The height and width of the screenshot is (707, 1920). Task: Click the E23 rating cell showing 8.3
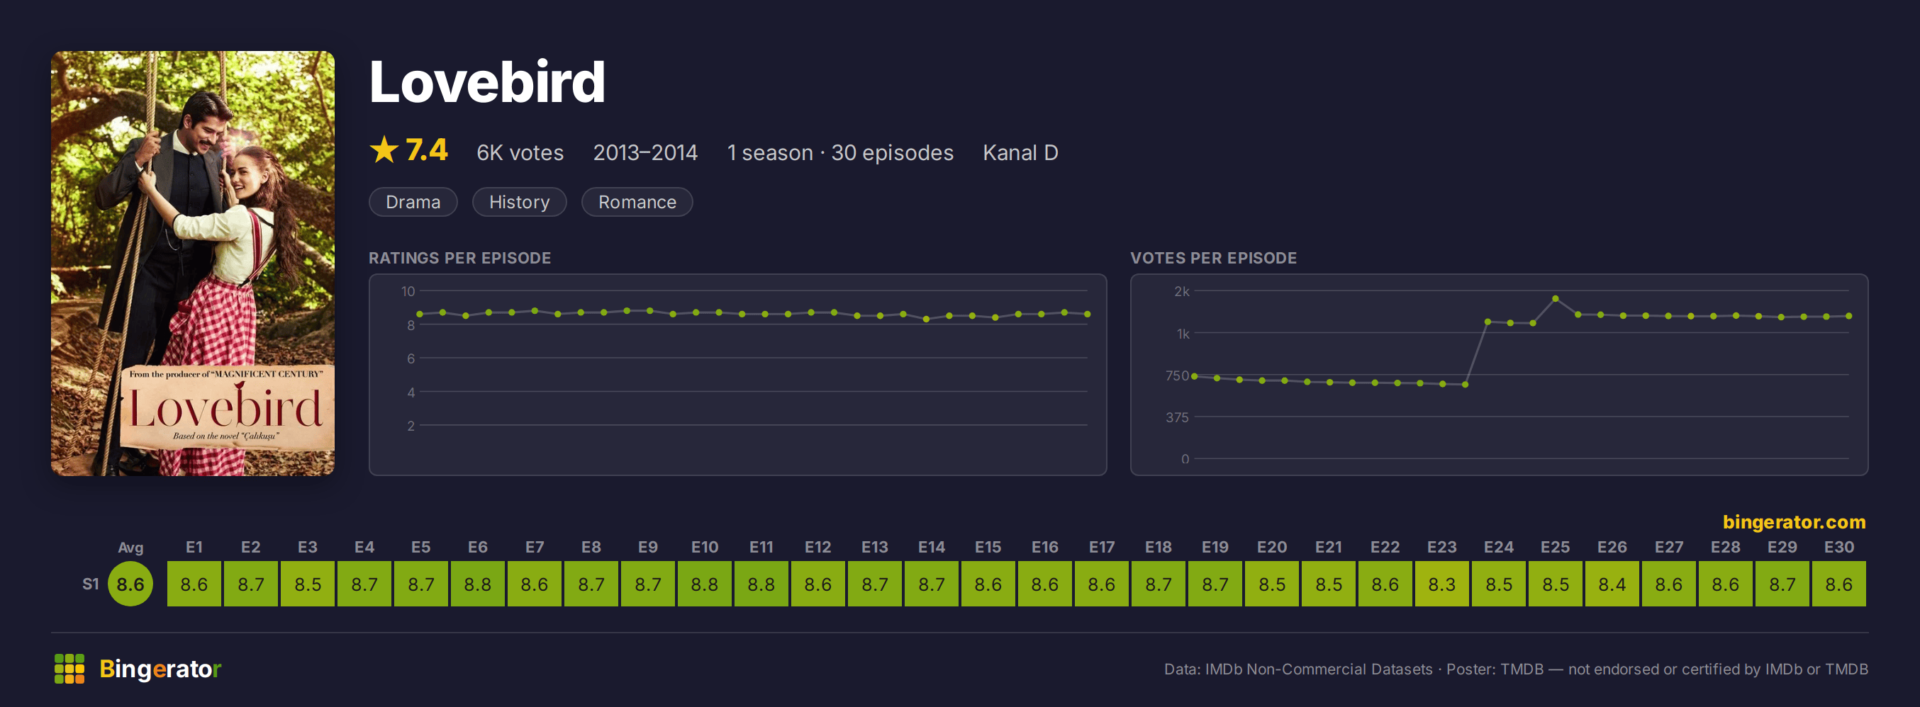coord(1441,583)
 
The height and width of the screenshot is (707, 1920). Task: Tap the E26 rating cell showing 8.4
coord(1612,583)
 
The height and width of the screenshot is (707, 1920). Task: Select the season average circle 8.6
coord(130,583)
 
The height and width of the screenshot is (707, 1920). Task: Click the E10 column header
coord(704,547)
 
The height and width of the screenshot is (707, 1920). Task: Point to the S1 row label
coord(90,584)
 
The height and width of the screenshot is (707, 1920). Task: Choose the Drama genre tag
coord(413,202)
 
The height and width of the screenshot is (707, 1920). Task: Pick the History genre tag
coord(520,202)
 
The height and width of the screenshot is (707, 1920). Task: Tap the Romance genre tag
coord(637,202)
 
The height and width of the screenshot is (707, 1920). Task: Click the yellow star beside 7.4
coord(384,149)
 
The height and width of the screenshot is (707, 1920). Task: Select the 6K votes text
coord(520,153)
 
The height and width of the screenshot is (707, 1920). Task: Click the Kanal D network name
coord(1020,153)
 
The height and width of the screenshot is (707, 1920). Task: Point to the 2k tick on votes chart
coord(1181,291)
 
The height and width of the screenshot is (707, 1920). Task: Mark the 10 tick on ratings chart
coord(408,291)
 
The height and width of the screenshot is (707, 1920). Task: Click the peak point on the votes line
coord(1556,299)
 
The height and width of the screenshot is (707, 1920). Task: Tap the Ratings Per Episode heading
coord(460,258)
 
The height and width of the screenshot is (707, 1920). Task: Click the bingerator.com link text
coord(1794,521)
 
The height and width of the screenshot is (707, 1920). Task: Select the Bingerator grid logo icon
coord(69,668)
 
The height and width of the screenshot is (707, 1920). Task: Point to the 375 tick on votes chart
coord(1177,417)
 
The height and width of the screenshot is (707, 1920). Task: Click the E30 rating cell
coord(1838,583)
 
